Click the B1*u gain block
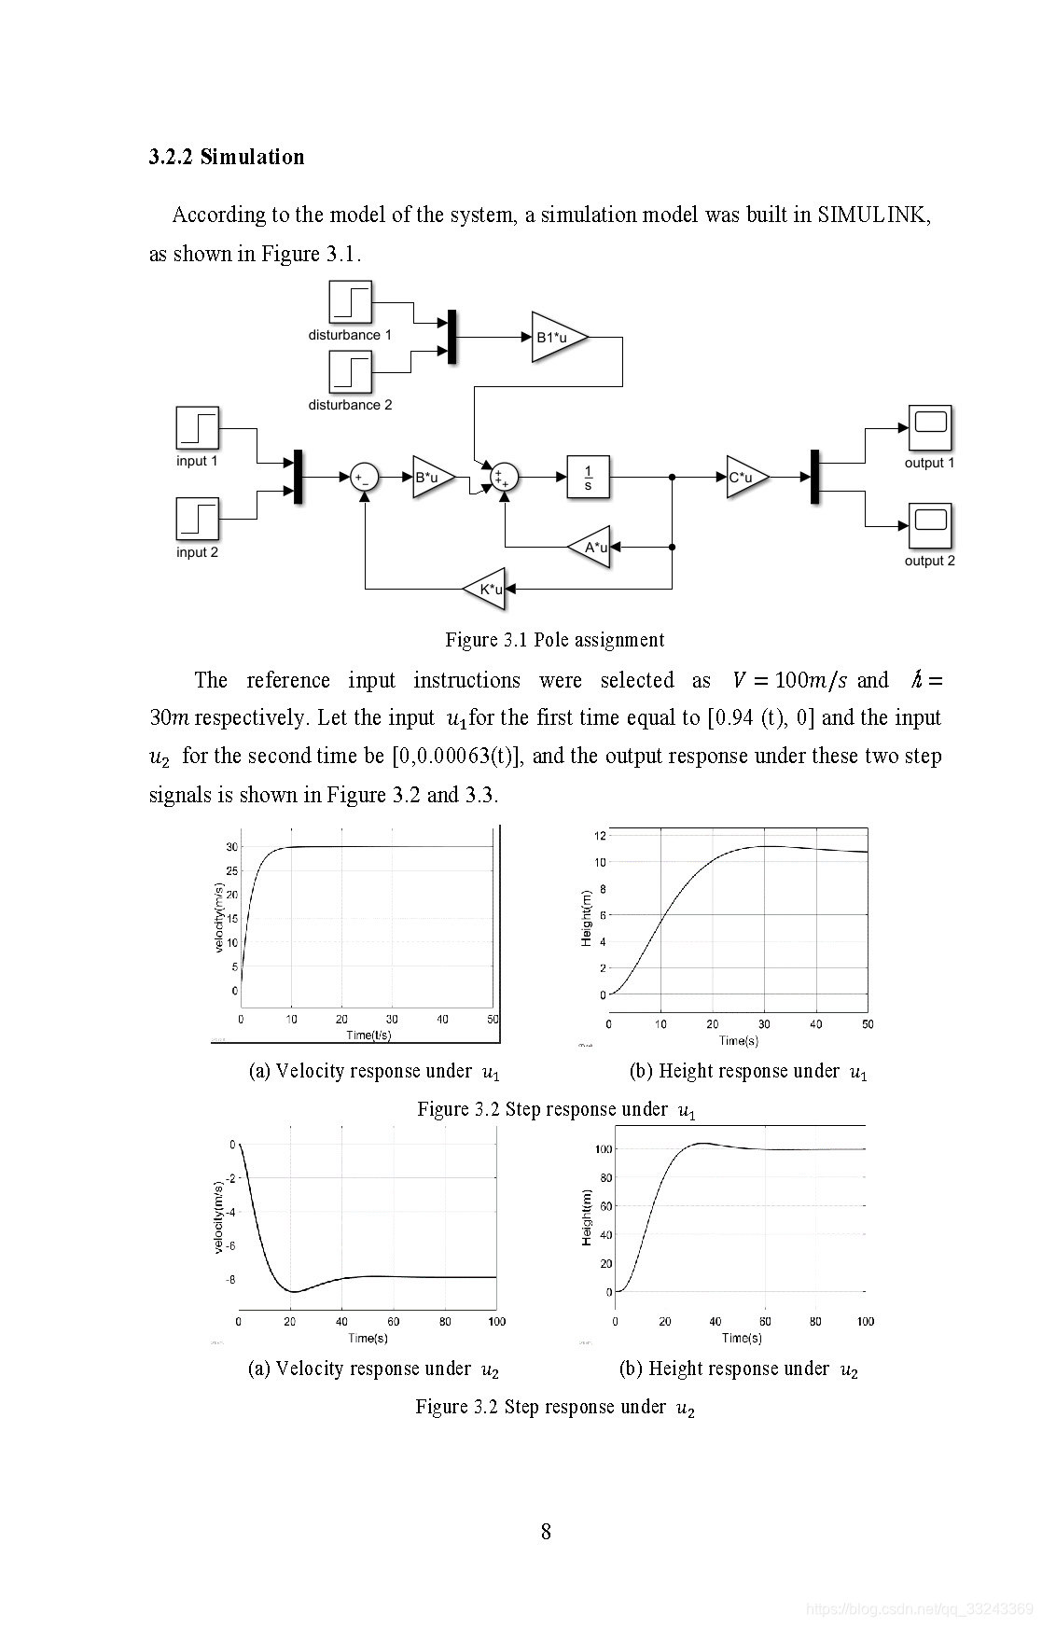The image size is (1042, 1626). pyautogui.click(x=556, y=336)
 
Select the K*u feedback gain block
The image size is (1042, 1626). pyautogui.click(x=487, y=589)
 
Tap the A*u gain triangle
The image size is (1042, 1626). pyautogui.click(x=592, y=547)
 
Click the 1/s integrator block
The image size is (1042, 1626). pyautogui.click(x=588, y=478)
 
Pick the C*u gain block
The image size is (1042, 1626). pyautogui.click(x=744, y=478)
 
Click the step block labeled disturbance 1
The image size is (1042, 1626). pyautogui.click(x=350, y=302)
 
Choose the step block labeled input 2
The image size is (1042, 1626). pyautogui.click(x=197, y=519)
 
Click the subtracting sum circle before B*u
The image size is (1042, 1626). pyautogui.click(x=364, y=478)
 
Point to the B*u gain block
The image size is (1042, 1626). pyautogui.click(x=430, y=478)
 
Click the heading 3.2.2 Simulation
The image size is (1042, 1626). pyautogui.click(x=227, y=157)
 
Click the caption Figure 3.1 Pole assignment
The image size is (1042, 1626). pyautogui.click(x=555, y=640)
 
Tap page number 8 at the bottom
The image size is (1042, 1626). pyautogui.click(x=546, y=1532)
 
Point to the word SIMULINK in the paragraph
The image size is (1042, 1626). pyautogui.click(x=873, y=215)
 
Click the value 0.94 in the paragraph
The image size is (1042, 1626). pyautogui.click(x=735, y=718)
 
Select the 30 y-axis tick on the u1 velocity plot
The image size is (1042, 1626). pyautogui.click(x=231, y=847)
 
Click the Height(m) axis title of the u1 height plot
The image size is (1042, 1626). pyautogui.click(x=587, y=919)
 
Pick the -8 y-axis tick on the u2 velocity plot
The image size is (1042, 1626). pyautogui.click(x=229, y=1279)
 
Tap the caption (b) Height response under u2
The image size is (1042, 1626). pyautogui.click(x=738, y=1369)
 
